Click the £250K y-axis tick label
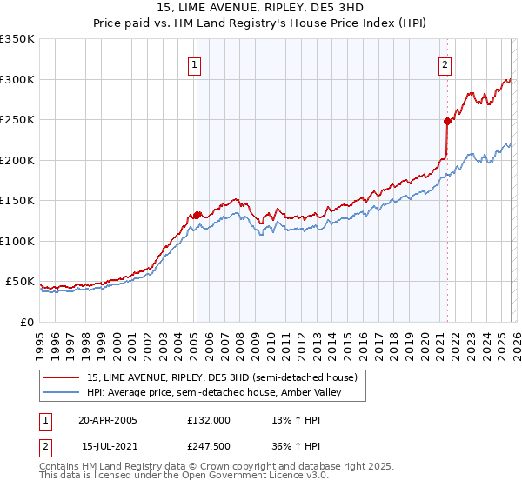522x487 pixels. click(x=17, y=120)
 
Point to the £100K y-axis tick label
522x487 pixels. click(x=17, y=241)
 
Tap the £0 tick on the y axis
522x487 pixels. click(x=26, y=322)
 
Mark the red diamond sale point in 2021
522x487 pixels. click(x=447, y=122)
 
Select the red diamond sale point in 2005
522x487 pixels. click(x=197, y=215)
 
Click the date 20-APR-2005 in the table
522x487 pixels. click(x=108, y=420)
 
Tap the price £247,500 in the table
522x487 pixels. click(x=209, y=446)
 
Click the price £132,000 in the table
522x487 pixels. click(x=209, y=420)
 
